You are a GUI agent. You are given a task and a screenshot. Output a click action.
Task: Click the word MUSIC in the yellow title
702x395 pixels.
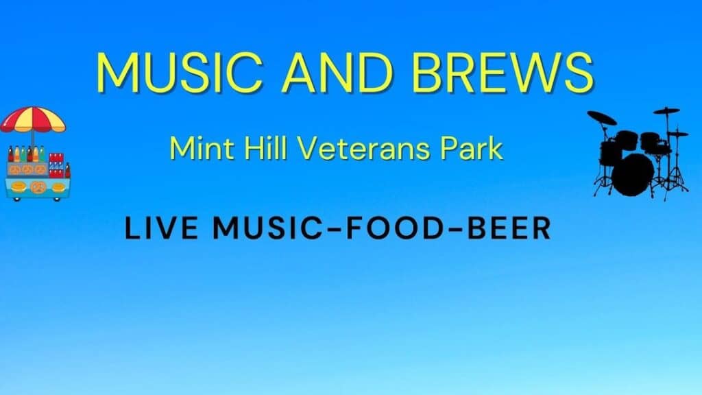click(180, 73)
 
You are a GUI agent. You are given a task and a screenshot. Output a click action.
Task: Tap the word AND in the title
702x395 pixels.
click(337, 73)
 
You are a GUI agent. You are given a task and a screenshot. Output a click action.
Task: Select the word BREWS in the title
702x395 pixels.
click(503, 73)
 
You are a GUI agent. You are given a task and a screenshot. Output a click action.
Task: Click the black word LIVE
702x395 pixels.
click(161, 228)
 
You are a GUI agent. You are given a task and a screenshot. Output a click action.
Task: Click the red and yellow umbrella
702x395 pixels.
click(33, 119)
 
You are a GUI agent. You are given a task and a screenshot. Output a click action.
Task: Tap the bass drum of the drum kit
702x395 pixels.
click(633, 176)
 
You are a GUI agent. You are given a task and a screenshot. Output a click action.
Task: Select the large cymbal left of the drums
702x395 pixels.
click(602, 118)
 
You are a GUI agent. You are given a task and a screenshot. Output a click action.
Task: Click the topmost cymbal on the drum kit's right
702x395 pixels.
click(666, 110)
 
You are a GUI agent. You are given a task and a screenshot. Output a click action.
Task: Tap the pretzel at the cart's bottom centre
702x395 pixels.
click(38, 187)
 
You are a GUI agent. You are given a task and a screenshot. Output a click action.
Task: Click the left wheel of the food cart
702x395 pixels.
click(17, 199)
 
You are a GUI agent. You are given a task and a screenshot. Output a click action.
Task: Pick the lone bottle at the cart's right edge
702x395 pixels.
click(68, 171)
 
